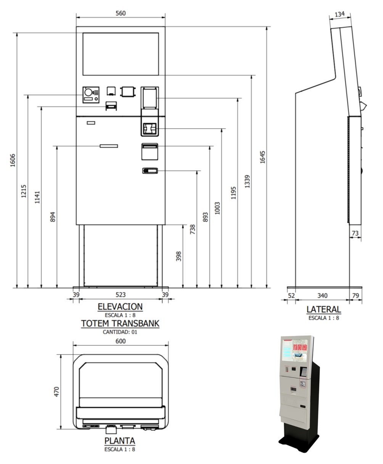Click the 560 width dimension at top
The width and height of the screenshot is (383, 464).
coord(121,13)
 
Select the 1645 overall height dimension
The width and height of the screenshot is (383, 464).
coord(262,157)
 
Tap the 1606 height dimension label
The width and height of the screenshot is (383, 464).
coord(13,160)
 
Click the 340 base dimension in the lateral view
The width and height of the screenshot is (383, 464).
coord(322,295)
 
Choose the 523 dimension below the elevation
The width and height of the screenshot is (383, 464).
coord(121,295)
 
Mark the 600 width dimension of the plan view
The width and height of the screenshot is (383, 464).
coord(121,341)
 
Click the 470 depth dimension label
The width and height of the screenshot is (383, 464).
coord(56,392)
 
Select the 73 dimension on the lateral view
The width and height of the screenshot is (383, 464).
coord(355,233)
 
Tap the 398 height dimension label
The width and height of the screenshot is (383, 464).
coord(179,256)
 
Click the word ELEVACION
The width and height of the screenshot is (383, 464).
coord(120,306)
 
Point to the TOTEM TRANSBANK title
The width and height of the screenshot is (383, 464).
coord(120,324)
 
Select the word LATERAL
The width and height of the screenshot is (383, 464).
coord(323,309)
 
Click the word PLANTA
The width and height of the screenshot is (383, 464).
coord(120,441)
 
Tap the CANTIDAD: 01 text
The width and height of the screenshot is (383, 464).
coord(120,332)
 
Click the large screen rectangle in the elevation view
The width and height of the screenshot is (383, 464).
coord(121,54)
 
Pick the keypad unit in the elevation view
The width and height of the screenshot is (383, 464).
coord(91,95)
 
